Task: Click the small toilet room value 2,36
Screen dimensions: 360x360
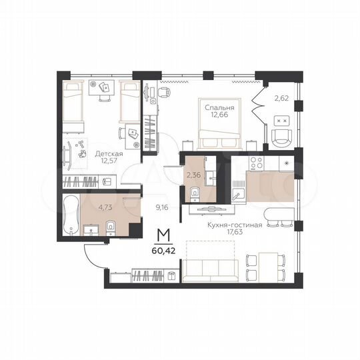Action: pos(193,175)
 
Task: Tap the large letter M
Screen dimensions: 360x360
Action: pos(162,236)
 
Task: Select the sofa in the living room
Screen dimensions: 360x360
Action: pos(211,270)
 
